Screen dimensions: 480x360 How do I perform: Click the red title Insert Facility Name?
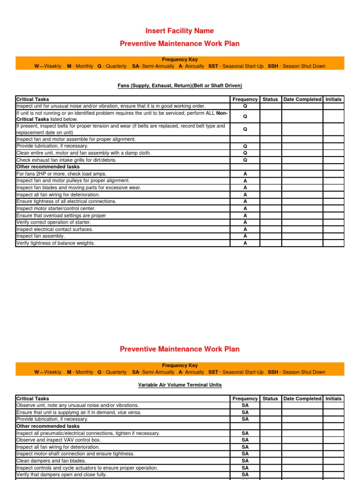[180, 31]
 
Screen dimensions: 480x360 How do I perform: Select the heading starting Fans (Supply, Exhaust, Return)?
[180, 86]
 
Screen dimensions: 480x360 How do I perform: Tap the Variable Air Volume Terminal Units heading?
[180, 385]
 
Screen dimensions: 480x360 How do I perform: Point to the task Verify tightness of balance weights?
[56, 243]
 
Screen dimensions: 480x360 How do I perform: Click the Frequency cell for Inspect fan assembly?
[245, 236]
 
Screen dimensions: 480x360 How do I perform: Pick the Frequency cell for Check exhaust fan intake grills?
[245, 160]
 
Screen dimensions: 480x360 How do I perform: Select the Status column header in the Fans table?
[270, 99]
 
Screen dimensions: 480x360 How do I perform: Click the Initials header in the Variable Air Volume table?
[333, 398]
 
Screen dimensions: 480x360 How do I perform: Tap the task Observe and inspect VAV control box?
[58, 440]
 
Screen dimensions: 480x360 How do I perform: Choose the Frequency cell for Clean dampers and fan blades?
[245, 461]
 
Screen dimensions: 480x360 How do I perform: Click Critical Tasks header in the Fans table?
[33, 99]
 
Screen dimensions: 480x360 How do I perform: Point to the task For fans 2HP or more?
[61, 174]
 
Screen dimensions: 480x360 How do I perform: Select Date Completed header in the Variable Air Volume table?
[302, 398]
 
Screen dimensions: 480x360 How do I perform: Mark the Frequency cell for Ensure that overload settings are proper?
[245, 216]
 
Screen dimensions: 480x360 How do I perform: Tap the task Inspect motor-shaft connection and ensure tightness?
[75, 454]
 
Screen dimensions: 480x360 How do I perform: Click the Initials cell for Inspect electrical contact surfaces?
[333, 229]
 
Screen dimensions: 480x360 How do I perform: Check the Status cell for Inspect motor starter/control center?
[270, 209]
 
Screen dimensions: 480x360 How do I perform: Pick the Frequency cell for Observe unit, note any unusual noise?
[245, 405]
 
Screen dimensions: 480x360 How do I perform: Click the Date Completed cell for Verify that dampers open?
[302, 474]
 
